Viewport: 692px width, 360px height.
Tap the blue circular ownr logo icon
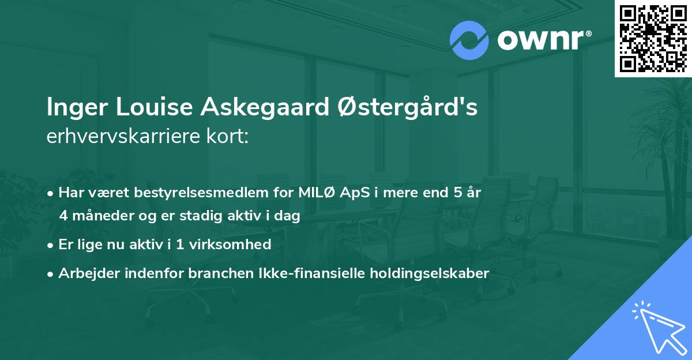point(469,40)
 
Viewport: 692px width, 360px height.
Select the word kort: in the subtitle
point(230,137)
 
